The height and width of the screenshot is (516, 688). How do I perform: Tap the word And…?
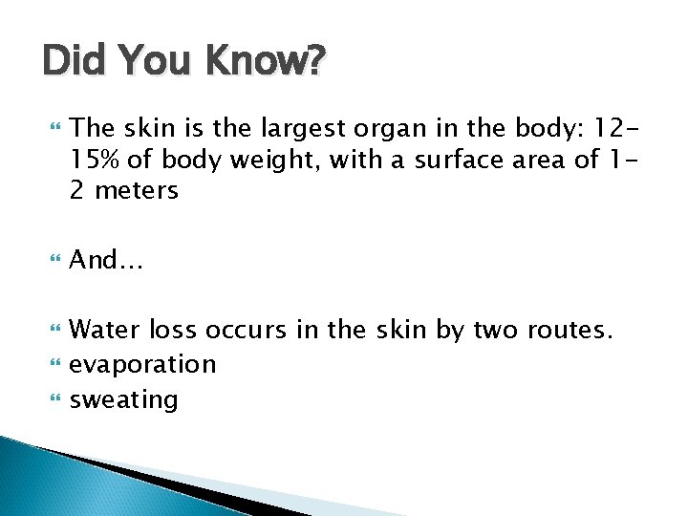click(106, 259)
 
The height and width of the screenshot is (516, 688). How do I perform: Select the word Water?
click(106, 331)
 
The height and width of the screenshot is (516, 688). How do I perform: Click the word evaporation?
click(143, 364)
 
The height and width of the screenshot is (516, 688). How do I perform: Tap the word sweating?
click(124, 398)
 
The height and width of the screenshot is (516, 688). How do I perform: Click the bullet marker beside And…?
click(52, 260)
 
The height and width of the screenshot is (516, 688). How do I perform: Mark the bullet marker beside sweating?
click(52, 398)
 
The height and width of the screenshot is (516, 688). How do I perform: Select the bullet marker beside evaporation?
click(52, 364)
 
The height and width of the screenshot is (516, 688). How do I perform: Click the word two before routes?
click(496, 331)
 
